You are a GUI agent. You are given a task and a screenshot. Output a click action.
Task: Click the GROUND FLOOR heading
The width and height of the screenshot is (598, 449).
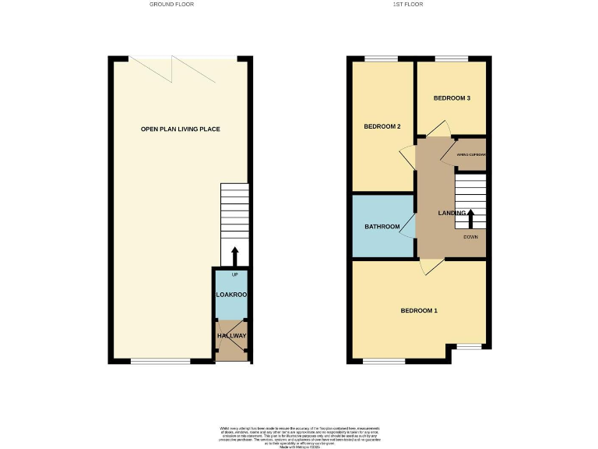172,5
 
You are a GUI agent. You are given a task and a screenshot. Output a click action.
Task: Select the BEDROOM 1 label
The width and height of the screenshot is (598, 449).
419,311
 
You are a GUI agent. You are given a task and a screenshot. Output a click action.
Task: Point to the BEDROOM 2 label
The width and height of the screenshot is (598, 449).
382,126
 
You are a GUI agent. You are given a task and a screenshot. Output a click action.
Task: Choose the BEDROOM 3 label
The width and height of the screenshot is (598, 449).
452,98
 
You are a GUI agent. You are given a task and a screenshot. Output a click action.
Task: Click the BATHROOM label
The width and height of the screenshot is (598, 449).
382,227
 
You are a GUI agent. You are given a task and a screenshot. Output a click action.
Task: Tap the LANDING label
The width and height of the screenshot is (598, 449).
452,213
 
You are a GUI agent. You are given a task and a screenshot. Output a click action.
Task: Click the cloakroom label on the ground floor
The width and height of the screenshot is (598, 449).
230,295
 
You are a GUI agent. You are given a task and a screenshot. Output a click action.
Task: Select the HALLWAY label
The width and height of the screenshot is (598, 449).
231,336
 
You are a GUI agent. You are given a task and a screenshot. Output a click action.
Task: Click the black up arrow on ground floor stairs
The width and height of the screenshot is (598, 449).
234,256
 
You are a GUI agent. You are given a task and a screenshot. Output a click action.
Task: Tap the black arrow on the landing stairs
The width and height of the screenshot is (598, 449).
470,216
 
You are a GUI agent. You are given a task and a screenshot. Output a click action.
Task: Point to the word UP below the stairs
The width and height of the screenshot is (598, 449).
234,275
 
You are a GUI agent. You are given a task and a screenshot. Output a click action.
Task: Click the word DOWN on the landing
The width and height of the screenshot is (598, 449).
471,236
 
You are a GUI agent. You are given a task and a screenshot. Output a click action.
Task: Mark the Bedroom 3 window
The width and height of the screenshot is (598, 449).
452,59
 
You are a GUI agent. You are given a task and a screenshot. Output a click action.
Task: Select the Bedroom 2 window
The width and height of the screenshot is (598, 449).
382,59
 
